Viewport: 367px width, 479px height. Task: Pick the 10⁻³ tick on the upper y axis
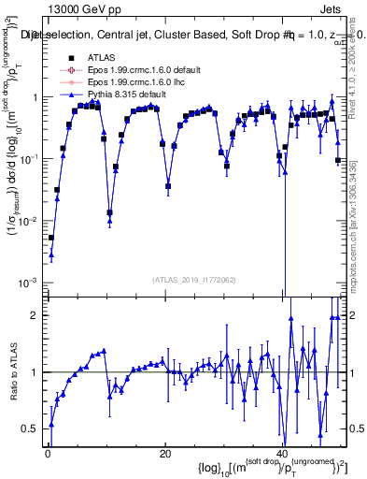pyautogui.click(x=30, y=283)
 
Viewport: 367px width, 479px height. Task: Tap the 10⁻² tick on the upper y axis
pyautogui.click(x=30, y=221)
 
